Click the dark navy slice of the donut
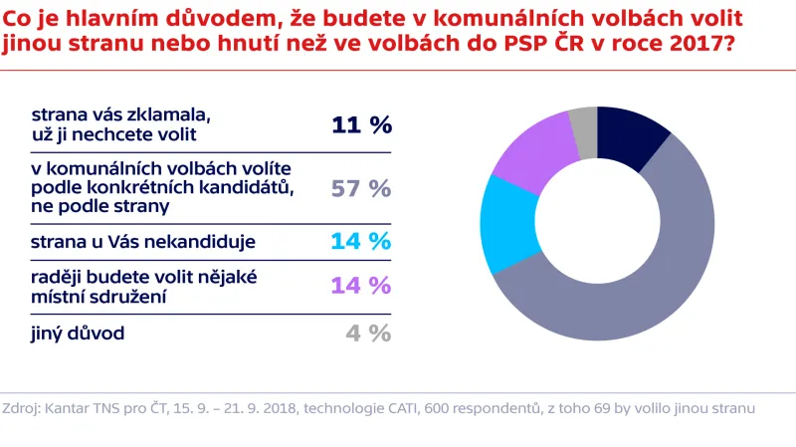coord(629,138)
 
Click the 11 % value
coord(361,124)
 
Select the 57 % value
coord(361,187)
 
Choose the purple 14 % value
coord(361,285)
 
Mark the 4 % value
coord(368,333)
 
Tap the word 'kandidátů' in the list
coord(246,187)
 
